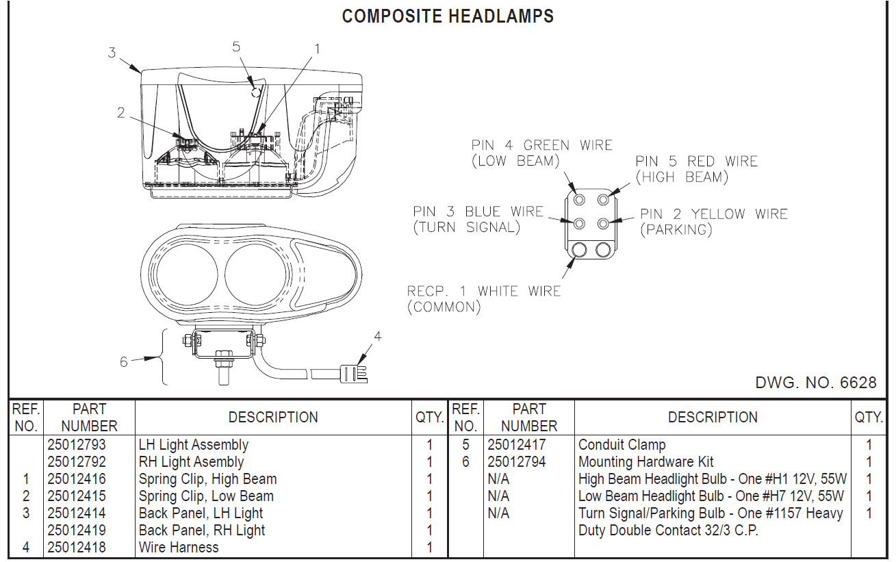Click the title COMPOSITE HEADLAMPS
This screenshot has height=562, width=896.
(448, 16)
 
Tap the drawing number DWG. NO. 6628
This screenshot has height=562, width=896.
(815, 383)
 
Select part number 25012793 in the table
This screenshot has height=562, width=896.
(77, 445)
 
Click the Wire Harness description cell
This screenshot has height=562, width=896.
(179, 547)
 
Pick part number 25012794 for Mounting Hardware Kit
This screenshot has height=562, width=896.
(517, 462)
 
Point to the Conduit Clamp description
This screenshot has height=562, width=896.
(622, 445)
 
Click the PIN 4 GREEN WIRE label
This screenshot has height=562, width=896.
(541, 145)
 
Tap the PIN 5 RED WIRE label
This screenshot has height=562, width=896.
(696, 162)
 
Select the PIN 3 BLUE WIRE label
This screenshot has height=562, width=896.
(478, 212)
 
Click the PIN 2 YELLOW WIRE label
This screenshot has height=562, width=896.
(714, 214)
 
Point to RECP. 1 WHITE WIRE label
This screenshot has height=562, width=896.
(483, 291)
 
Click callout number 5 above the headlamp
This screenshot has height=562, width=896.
(236, 47)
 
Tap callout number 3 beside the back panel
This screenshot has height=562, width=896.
(112, 52)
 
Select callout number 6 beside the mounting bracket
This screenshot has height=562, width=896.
(124, 361)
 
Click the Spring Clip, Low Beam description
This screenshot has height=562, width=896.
(206, 496)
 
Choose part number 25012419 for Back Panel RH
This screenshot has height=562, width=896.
(77, 531)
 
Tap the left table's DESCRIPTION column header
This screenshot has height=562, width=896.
(272, 418)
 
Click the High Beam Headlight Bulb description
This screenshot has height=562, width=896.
(712, 479)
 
